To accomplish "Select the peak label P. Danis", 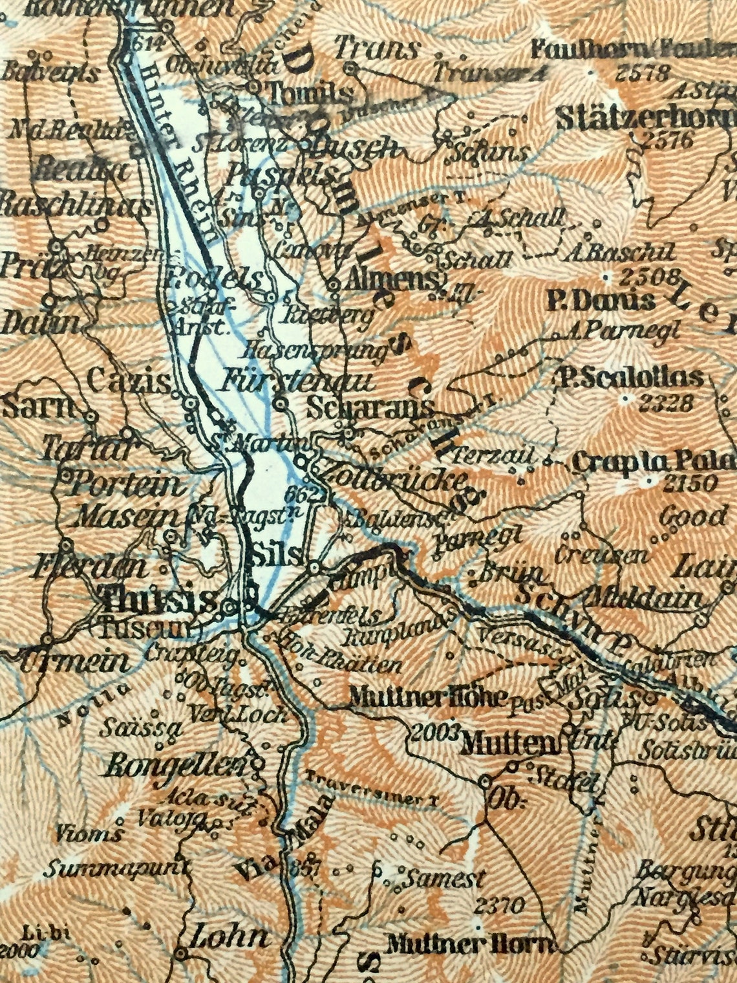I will coord(601,301).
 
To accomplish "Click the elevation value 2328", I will coord(666,404).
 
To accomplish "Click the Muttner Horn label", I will coord(469,945).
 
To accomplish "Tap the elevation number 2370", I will coord(498,905).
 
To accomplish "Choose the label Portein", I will coord(129,484).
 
